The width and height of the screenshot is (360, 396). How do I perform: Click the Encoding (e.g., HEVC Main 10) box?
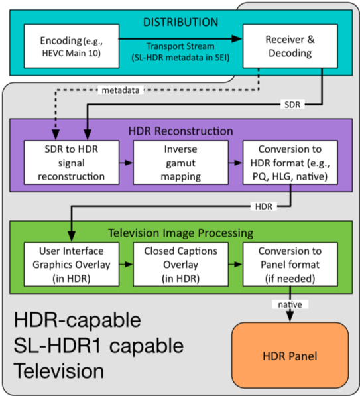[72, 46]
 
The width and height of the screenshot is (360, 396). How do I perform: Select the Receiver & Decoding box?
[290, 46]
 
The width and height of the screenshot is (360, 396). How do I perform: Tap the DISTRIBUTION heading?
[180, 23]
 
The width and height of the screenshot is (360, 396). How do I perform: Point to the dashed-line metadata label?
[121, 90]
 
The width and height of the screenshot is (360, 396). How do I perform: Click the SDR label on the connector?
[292, 105]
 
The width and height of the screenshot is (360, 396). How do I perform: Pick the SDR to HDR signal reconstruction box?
[72, 163]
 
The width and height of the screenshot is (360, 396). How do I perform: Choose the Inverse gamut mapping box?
[181, 163]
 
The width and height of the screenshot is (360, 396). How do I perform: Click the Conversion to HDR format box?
[290, 163]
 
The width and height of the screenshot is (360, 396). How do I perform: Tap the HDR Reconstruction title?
[180, 131]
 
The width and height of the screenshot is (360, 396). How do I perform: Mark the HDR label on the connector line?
[264, 206]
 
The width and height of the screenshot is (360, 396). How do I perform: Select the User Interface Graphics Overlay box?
[72, 265]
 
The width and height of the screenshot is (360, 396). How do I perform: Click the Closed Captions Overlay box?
[181, 265]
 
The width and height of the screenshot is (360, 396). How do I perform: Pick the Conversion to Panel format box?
[290, 265]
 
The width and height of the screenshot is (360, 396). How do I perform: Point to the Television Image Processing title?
[181, 233]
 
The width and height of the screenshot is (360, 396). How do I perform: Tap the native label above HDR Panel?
[290, 304]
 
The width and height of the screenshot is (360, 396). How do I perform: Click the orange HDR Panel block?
[290, 356]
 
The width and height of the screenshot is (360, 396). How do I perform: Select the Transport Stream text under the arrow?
[180, 46]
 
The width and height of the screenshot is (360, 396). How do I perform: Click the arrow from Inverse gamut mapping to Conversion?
[235, 163]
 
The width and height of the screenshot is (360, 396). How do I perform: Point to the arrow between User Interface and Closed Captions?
[126, 265]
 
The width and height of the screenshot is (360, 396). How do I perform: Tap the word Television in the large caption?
[58, 371]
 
